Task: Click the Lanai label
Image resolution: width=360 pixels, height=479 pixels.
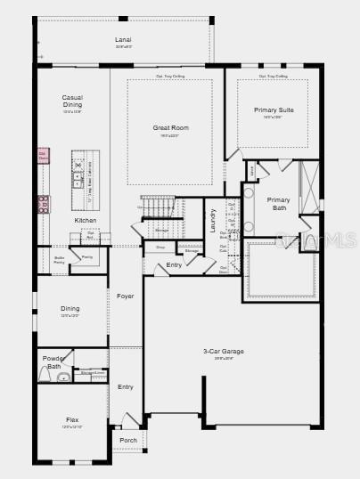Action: coord(123,40)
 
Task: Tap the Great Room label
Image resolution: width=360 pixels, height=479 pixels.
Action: coord(170,128)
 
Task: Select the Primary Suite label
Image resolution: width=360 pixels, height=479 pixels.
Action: coord(273,110)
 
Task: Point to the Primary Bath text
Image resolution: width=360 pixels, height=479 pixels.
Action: coord(279,204)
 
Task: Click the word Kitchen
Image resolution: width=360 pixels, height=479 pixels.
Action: coord(86,220)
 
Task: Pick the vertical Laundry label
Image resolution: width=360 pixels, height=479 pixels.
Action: coord(213,220)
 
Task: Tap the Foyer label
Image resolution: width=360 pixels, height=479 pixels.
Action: coord(126,296)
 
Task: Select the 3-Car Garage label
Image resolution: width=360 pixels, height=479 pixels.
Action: coord(224,352)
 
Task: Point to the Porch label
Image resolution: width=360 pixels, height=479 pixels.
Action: coord(128,440)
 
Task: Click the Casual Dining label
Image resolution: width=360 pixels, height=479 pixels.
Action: coord(72,101)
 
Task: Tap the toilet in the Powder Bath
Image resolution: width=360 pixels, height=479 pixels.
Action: coord(63,378)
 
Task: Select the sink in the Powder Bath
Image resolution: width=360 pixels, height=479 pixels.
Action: coord(44,376)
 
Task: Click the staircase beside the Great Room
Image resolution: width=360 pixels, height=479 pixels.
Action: coord(158,207)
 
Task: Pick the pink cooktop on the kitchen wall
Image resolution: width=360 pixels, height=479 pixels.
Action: coord(43,204)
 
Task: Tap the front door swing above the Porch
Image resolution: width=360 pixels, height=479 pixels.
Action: coord(131,420)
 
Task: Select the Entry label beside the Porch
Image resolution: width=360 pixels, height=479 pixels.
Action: coord(126,386)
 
